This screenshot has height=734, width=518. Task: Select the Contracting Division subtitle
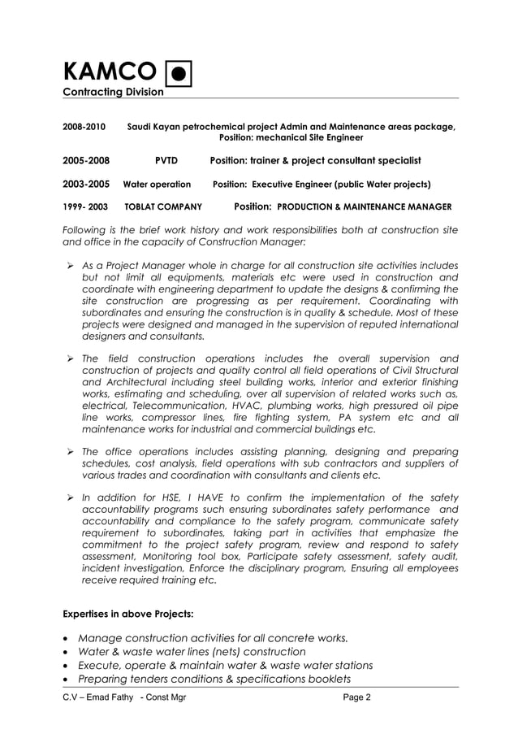[x=114, y=92]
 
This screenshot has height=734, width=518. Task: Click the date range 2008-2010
[x=84, y=127]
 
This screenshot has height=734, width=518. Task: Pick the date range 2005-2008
[x=86, y=160]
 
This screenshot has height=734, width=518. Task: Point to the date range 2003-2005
[x=85, y=185]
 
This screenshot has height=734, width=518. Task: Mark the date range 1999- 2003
[x=85, y=206]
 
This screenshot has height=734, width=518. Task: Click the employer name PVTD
[x=166, y=160]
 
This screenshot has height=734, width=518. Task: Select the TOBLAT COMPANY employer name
[x=163, y=206]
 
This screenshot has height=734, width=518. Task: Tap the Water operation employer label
[x=157, y=185]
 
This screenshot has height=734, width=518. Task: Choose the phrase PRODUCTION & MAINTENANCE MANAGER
[x=364, y=206]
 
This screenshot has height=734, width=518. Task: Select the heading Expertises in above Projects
[x=127, y=614]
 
